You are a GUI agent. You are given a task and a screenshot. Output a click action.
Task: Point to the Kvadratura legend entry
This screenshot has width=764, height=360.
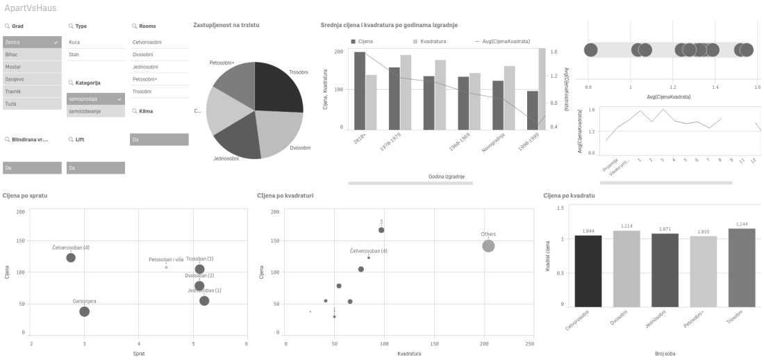pyautogui.click(x=433, y=42)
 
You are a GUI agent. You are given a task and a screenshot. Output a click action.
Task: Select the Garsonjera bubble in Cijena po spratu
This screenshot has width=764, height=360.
pyautogui.click(x=85, y=311)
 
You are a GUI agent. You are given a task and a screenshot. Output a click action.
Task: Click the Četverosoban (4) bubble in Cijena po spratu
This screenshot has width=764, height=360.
pyautogui.click(x=71, y=258)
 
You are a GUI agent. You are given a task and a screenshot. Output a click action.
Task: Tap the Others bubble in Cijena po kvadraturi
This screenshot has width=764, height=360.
pyautogui.click(x=488, y=245)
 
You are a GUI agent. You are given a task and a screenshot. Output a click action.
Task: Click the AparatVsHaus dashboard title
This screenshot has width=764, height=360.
pyautogui.click(x=31, y=8)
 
